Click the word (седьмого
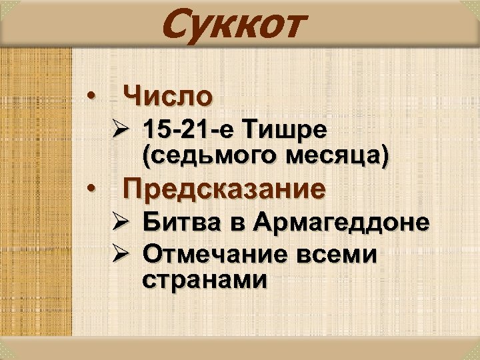[x=207, y=156]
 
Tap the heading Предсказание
[x=225, y=189]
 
